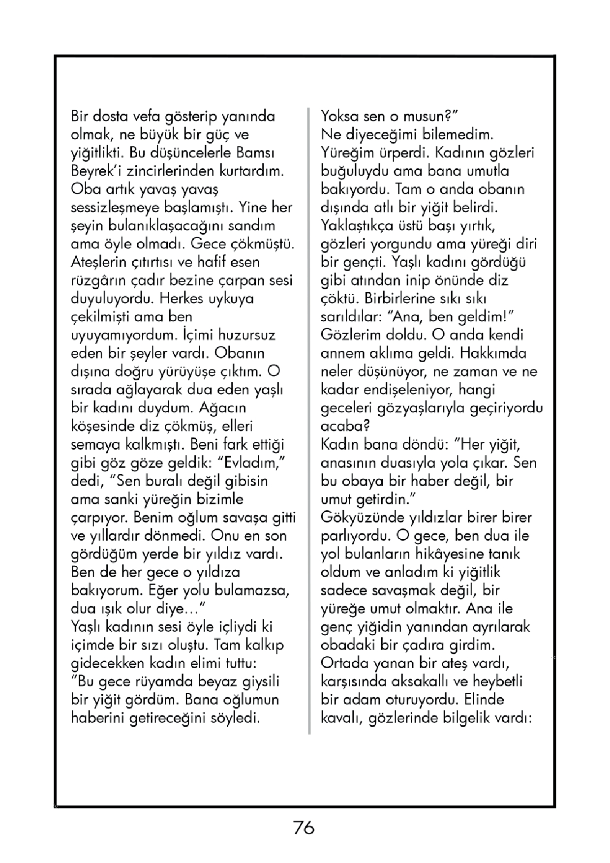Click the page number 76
coord(304,828)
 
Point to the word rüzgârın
coord(97,280)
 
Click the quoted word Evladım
coord(251,463)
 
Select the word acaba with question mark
coord(345,426)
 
